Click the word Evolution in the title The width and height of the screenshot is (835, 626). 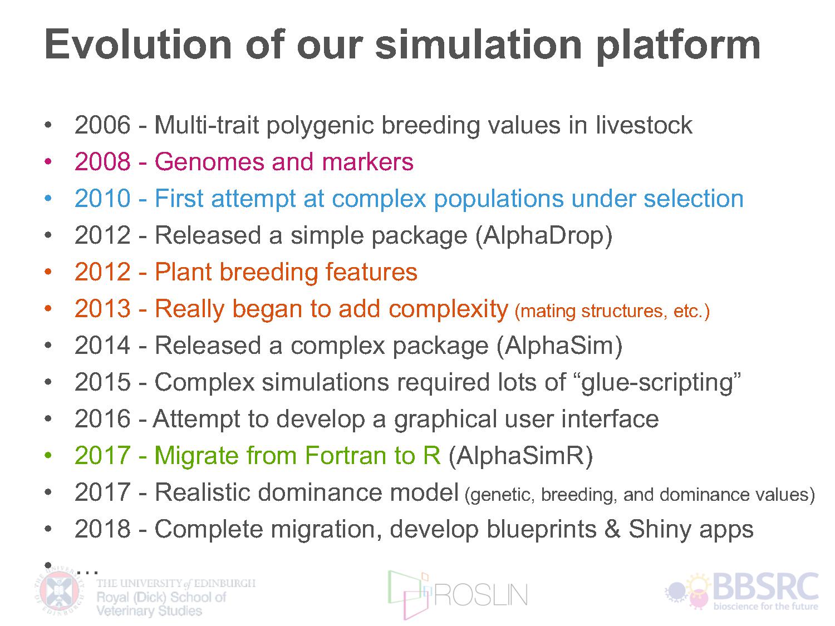(x=138, y=45)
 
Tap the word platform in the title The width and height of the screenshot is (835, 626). (x=678, y=47)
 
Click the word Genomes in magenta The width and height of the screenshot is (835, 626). (x=209, y=161)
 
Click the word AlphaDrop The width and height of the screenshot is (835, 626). (x=544, y=235)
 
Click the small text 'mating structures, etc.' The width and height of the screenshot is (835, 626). (x=612, y=311)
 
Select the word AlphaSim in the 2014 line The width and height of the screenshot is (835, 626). (x=559, y=346)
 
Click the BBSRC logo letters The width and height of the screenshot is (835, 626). (x=766, y=587)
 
